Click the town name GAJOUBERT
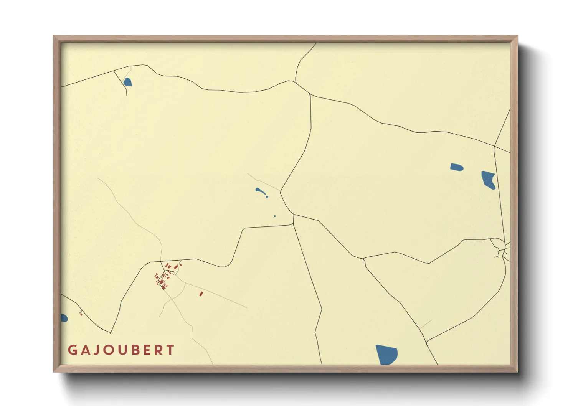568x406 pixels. pos(121,350)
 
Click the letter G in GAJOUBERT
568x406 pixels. pos(72,350)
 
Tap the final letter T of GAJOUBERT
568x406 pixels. pos(171,350)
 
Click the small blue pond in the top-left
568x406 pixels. pos(127,82)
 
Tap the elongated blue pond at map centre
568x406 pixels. pos(260,191)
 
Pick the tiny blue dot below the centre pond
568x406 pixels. pos(274,216)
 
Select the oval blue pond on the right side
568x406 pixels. pos(456,167)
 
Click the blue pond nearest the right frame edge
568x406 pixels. pos(489,180)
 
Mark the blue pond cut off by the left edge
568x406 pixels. pos(64,318)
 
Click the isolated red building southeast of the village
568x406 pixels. pos(201,294)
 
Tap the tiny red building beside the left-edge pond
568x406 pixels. pos(81,314)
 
